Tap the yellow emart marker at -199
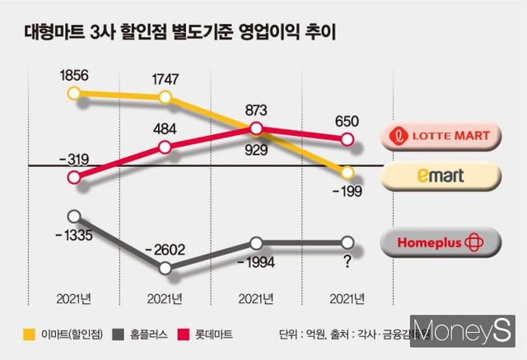347,173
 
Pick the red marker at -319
75,178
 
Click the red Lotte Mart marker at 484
166,147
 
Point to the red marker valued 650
347,141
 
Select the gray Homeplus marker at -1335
75,217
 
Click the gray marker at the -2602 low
166,269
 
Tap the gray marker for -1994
257,243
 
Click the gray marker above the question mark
347,243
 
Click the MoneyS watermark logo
465,330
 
